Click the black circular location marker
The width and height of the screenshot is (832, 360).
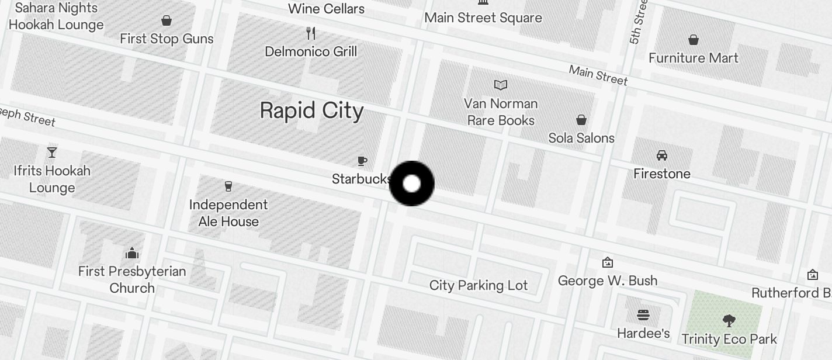(412, 184)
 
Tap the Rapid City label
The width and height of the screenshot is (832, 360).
(311, 110)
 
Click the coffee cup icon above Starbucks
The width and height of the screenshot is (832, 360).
(362, 161)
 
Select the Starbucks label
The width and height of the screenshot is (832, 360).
(361, 179)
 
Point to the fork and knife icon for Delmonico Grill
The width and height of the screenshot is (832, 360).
(311, 33)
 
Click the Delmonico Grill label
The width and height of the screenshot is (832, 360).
(311, 51)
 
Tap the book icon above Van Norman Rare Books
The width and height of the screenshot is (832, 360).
(501, 85)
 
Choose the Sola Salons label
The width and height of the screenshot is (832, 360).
(581, 138)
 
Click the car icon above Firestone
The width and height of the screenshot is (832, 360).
(662, 155)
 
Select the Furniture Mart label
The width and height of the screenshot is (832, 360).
(694, 58)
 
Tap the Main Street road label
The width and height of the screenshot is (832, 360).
(598, 75)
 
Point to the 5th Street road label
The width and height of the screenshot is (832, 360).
(639, 22)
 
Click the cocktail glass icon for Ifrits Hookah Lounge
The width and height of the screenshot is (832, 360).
(52, 153)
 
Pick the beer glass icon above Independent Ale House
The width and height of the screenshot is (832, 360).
(228, 186)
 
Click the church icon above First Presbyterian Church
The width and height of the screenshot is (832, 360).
(132, 253)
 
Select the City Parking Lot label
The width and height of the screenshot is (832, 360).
(479, 285)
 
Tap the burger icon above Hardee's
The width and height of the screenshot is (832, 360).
(643, 316)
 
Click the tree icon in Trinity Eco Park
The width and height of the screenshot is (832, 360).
(729, 320)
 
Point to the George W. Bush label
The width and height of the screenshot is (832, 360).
(608, 281)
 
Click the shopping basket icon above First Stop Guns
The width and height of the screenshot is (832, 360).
(167, 21)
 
